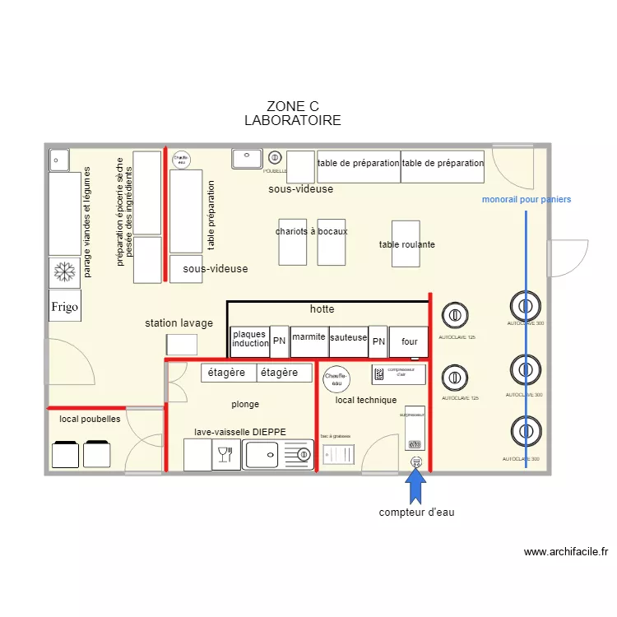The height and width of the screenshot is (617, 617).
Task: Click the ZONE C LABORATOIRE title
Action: pos(293,114)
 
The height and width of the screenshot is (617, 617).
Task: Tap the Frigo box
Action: pos(65,306)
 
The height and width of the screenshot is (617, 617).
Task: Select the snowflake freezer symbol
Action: pos(64,271)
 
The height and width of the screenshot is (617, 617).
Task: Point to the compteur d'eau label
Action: pos(416,513)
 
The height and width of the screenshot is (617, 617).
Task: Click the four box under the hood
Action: pos(409,341)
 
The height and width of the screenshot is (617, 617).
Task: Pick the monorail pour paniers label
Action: pos(526,200)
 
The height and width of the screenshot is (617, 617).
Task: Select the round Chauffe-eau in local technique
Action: pos(336,378)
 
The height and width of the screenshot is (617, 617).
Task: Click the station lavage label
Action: pos(179,323)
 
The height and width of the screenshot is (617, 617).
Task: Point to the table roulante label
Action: pos(406,244)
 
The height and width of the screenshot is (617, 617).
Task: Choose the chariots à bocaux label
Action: pos(311,231)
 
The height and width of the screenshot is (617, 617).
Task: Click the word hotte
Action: pos(322,309)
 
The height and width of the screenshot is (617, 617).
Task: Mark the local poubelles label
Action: pos(90,420)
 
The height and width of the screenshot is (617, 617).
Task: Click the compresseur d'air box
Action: pos(398,374)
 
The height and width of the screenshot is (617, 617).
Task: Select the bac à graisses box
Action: pos(337,455)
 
